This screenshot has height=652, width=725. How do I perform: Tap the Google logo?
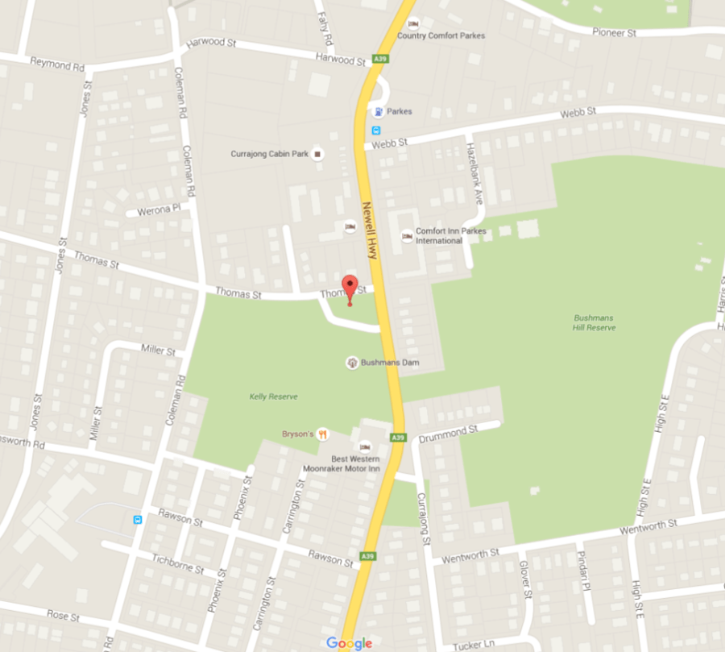click(x=349, y=643)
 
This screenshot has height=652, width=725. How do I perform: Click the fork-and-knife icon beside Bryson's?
click(x=323, y=434)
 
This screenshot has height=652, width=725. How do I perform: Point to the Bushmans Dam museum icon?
click(x=351, y=363)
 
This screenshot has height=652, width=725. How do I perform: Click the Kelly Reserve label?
click(x=274, y=397)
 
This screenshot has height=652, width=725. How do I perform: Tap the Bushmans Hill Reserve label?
click(x=594, y=322)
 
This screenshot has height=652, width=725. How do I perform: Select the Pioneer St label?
click(x=615, y=33)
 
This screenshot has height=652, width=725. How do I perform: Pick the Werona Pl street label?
click(x=153, y=210)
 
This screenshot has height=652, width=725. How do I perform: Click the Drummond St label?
click(x=449, y=434)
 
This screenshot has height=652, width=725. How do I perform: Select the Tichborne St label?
click(x=177, y=562)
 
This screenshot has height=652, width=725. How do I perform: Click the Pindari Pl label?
click(x=582, y=570)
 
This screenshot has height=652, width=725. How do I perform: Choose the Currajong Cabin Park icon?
click(x=318, y=153)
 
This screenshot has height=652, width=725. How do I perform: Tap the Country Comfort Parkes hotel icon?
click(x=413, y=23)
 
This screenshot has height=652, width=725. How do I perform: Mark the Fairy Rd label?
click(x=325, y=28)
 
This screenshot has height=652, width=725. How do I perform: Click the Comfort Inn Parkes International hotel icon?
click(x=407, y=235)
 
